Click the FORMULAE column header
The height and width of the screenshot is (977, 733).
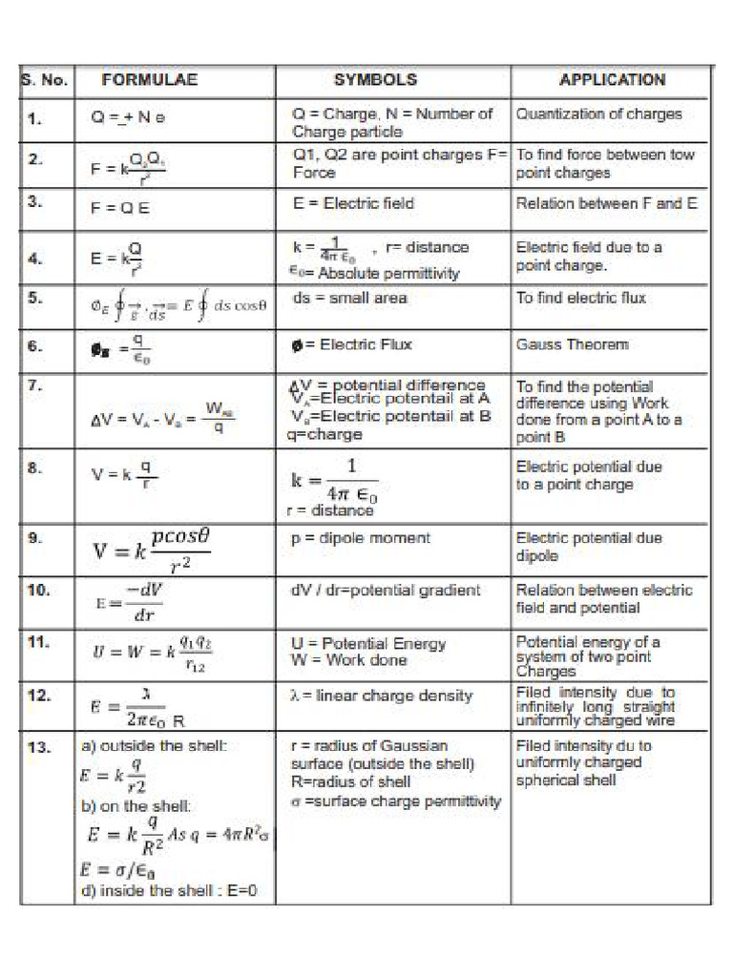[149, 80]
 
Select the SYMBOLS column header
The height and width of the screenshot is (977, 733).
[375, 80]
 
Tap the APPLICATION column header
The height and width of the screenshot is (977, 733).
[612, 80]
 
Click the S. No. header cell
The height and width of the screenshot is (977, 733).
[45, 80]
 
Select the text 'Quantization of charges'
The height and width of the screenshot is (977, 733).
[599, 114]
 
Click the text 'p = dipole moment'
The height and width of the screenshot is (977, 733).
[361, 538]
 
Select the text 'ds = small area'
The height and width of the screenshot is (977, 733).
[350, 298]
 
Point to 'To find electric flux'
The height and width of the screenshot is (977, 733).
[581, 298]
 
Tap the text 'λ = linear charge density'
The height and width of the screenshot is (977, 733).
[381, 696]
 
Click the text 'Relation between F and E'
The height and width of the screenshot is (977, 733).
[607, 203]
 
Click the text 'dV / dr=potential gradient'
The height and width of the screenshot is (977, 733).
[386, 591]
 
